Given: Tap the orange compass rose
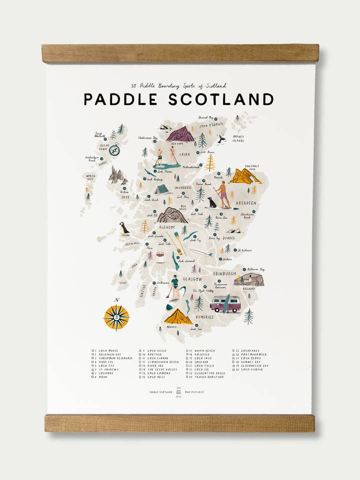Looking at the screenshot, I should click(x=116, y=316).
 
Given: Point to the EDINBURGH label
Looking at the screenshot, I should click(x=224, y=273).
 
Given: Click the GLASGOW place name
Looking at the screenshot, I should click(x=192, y=279).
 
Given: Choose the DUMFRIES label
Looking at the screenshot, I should click(x=204, y=317).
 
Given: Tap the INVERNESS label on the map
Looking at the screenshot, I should click(x=183, y=188).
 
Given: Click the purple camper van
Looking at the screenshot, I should click(x=225, y=303).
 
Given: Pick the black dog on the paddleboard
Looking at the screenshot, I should click(x=212, y=202).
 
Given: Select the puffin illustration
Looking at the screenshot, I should click(x=124, y=229).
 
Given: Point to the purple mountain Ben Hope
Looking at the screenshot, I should click(x=180, y=134).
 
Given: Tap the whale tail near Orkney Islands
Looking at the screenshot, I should click(x=221, y=139).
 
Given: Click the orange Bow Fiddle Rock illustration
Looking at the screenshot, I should click(x=244, y=176).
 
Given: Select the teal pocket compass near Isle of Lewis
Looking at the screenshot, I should click(x=114, y=149).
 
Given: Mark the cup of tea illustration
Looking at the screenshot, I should click(x=160, y=257).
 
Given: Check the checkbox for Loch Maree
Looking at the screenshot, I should click(x=93, y=351).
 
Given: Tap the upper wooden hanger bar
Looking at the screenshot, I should click(x=180, y=53).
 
